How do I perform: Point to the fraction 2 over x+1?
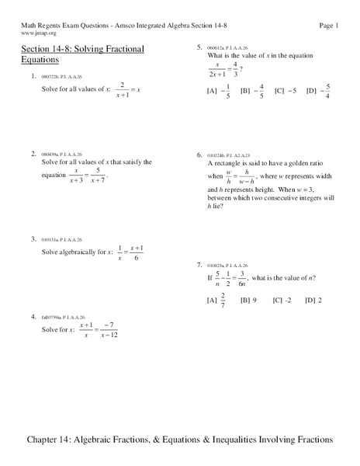coord(120,91)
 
